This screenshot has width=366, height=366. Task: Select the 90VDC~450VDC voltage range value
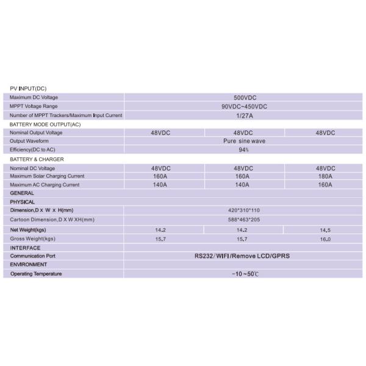(x=243, y=106)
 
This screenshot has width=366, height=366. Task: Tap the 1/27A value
(x=243, y=115)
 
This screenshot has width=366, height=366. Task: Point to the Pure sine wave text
(x=243, y=141)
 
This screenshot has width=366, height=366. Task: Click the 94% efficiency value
(x=243, y=149)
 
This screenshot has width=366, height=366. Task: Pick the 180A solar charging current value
(x=325, y=176)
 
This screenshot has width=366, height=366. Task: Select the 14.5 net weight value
(x=325, y=230)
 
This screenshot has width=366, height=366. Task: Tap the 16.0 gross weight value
(x=325, y=239)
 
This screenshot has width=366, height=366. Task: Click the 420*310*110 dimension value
(x=243, y=210)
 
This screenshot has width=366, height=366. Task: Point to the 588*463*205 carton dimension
(x=243, y=219)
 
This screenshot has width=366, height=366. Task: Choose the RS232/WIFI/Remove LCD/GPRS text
(x=243, y=256)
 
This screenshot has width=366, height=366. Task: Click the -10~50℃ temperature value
(x=243, y=274)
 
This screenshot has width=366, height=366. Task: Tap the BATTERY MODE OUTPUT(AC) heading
(x=45, y=124)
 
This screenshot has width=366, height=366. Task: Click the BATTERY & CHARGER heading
(x=37, y=159)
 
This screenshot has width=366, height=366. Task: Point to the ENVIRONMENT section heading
(x=29, y=265)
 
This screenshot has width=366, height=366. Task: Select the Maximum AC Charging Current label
(x=45, y=185)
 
